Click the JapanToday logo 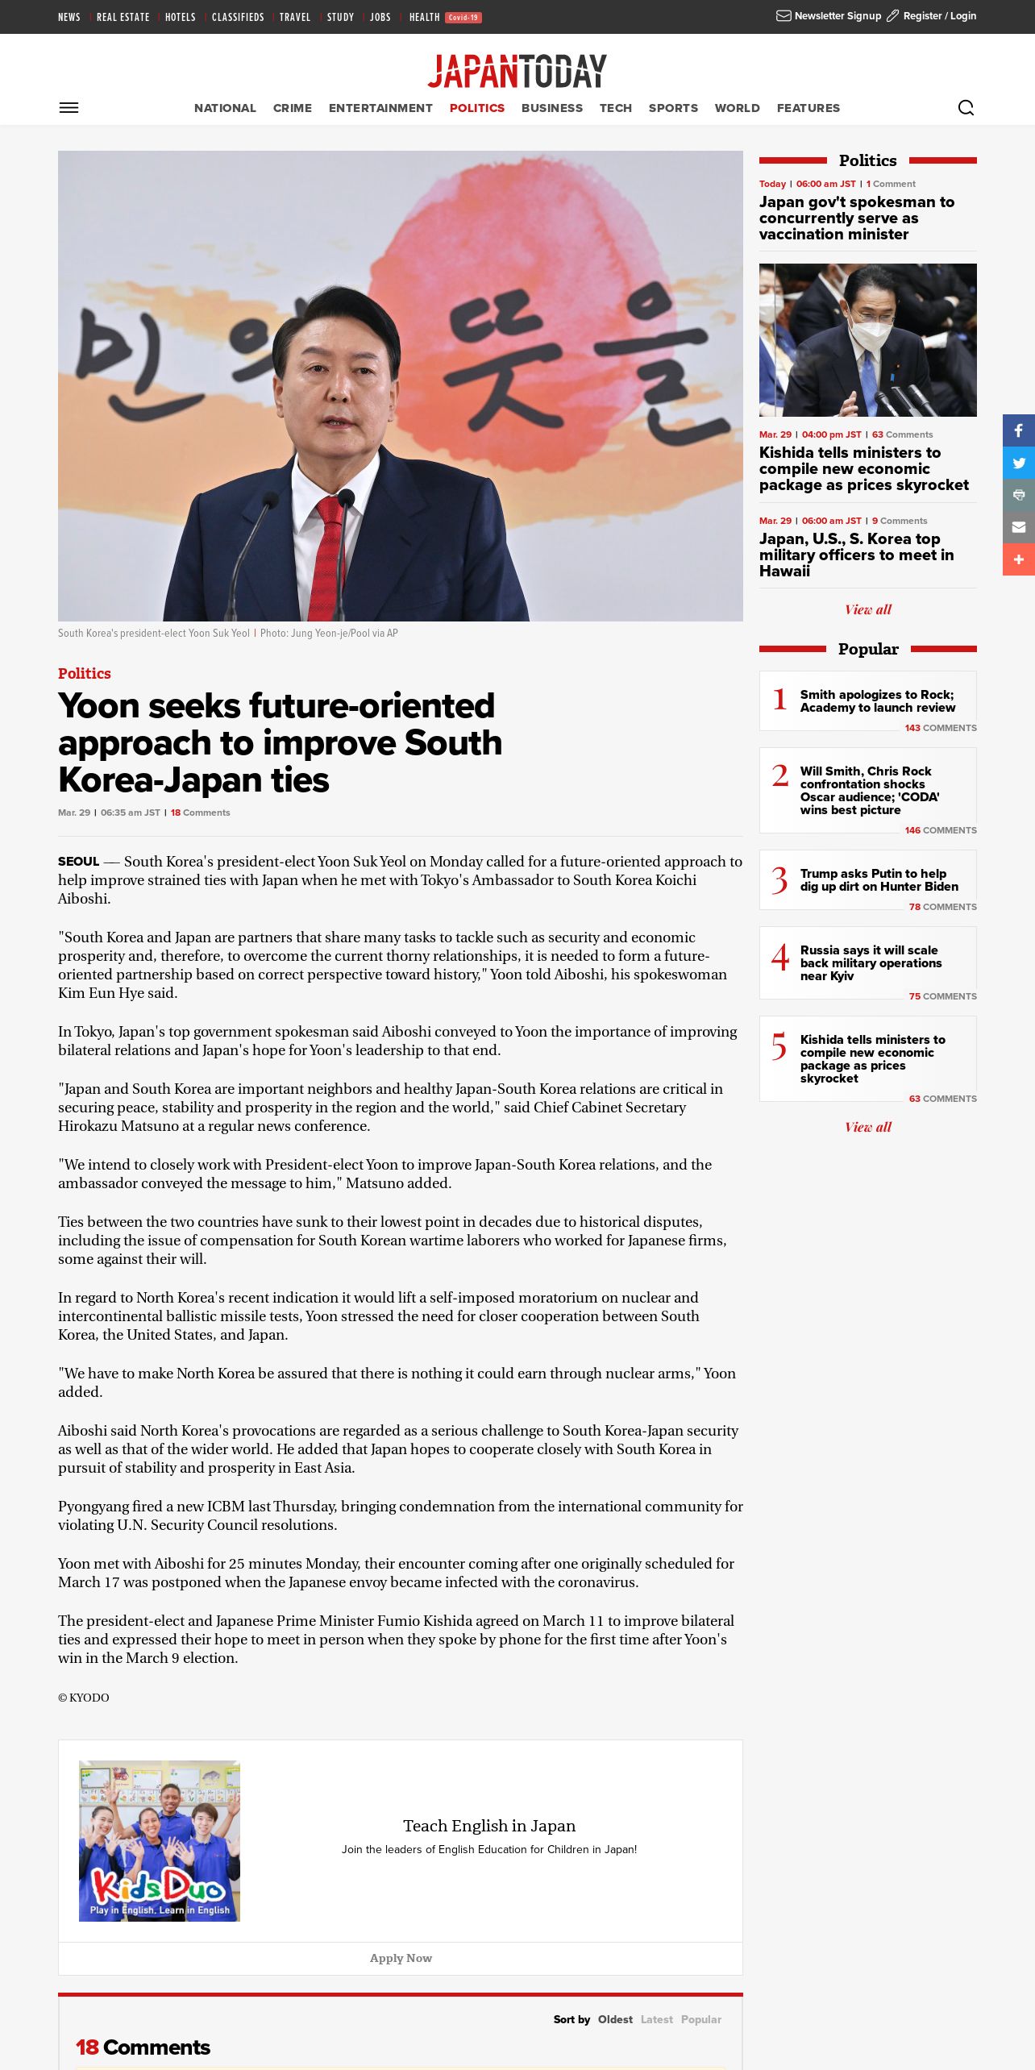coord(517,71)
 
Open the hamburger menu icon coord(69,108)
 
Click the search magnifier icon coord(966,108)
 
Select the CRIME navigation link coord(292,108)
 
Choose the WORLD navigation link coord(737,108)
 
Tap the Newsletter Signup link coord(829,16)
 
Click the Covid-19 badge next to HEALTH coord(463,18)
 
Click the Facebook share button coord(1019,430)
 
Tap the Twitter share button coord(1019,463)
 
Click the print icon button coord(1019,495)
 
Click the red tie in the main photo coord(328,556)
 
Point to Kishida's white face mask coord(871,332)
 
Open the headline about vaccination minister coord(856,218)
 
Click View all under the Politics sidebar coord(867,609)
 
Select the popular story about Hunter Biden coord(879,880)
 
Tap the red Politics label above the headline coord(85,673)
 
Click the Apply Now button coord(401,1958)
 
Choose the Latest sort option coord(656,2019)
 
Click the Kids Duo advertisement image coord(160,1840)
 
